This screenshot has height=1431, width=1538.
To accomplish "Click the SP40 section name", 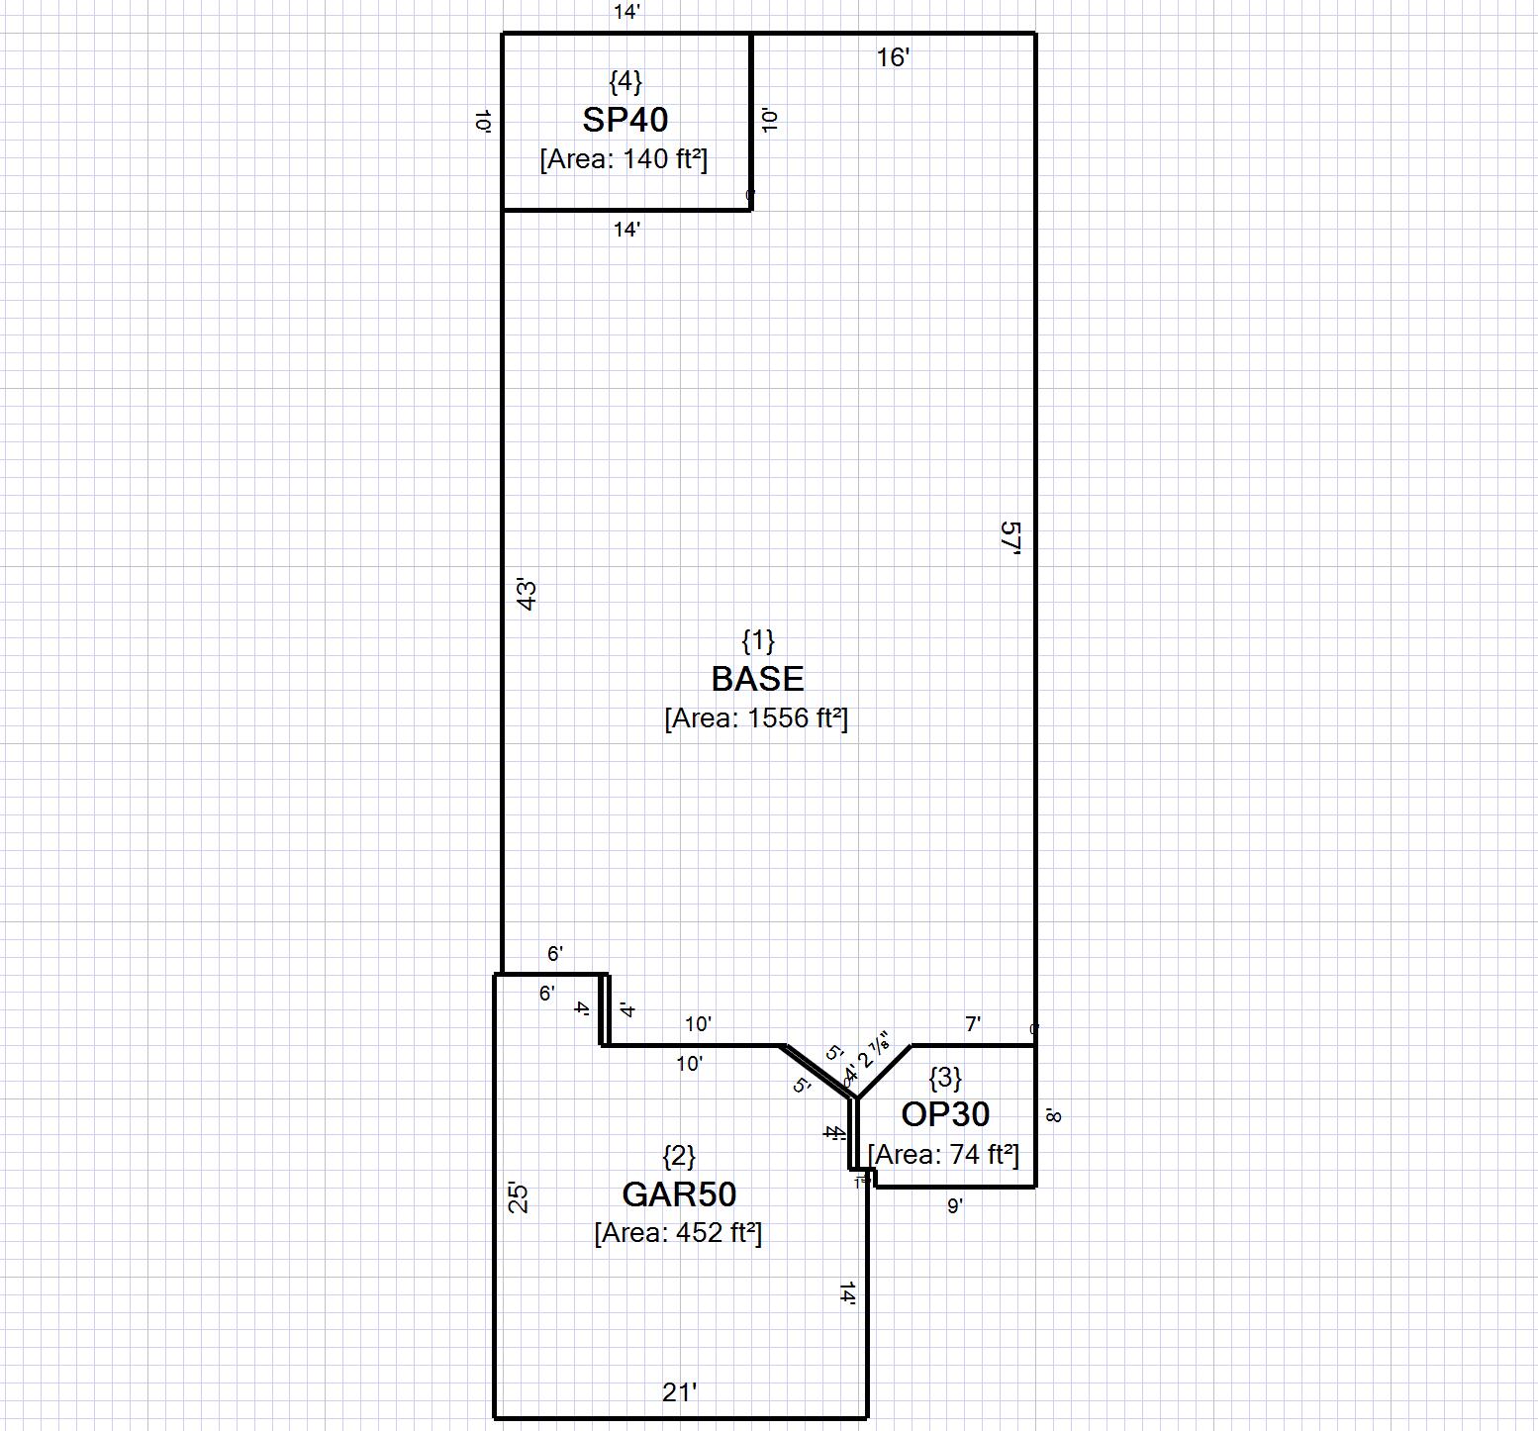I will point(625,120).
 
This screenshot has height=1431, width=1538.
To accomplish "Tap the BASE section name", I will point(757,679).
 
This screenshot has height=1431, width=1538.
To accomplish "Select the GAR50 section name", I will point(679,1194).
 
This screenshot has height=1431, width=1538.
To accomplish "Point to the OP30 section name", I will point(945,1114).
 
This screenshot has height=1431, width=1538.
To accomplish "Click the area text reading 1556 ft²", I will point(756,718).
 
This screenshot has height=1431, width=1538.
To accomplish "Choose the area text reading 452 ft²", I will point(678,1233).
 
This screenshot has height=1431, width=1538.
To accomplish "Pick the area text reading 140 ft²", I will point(624,159).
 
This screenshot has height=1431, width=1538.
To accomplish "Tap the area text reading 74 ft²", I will point(943,1155).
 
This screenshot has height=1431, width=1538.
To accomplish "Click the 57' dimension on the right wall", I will point(1009,540).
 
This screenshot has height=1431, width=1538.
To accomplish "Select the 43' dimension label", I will point(528,595).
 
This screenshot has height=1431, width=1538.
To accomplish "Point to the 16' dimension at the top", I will point(893,58).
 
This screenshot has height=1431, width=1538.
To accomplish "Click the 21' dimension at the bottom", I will point(680,1392).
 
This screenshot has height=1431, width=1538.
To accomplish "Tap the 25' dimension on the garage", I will point(519,1197).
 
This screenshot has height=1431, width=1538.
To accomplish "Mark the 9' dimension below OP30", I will point(955,1206).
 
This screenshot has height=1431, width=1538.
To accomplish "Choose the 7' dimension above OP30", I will point(973,1025).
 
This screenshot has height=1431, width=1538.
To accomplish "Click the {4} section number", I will point(625,80).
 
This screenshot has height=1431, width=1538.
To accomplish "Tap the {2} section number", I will point(679,1155).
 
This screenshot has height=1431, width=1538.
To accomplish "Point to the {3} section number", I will point(945,1077).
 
